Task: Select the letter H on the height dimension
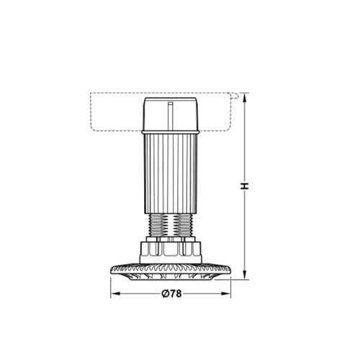pyautogui.click(x=245, y=186)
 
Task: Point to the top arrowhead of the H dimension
pyautogui.click(x=245, y=96)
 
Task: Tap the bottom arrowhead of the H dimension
pyautogui.click(x=245, y=274)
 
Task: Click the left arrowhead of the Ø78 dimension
pyautogui.click(x=112, y=294)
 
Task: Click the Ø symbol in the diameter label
pyautogui.click(x=164, y=293)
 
